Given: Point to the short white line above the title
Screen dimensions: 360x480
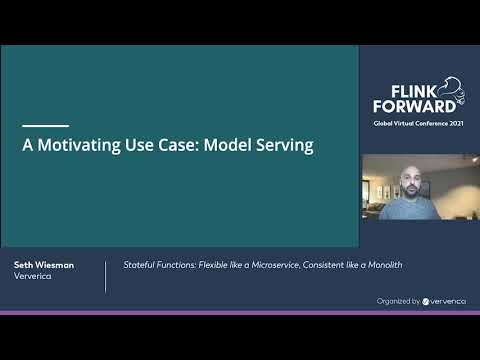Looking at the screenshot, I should click(x=45, y=125).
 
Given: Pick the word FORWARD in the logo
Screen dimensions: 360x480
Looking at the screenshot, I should click(x=408, y=105).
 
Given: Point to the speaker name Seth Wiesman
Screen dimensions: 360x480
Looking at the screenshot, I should click(x=43, y=265).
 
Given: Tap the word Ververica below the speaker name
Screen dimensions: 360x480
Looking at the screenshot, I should click(x=33, y=277).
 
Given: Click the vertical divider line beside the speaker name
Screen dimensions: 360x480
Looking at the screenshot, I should click(x=105, y=276).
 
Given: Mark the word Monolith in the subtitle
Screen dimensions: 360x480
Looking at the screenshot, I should click(x=384, y=265).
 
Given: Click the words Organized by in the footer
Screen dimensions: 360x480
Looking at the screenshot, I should click(x=398, y=299).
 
